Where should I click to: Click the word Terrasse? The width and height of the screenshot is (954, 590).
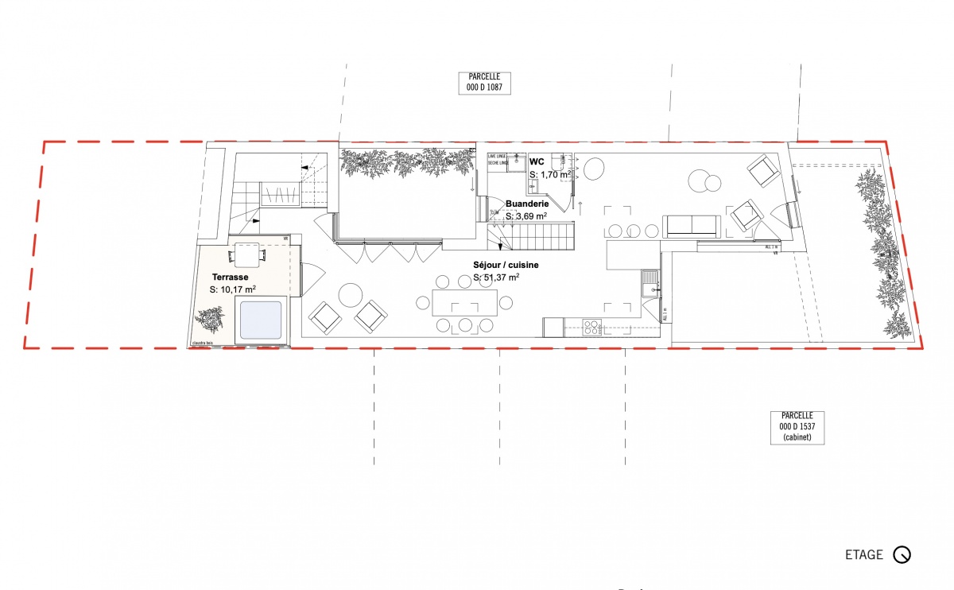click(x=230, y=278)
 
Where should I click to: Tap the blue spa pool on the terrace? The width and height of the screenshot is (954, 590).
click(x=258, y=320)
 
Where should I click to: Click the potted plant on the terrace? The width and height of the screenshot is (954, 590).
click(x=210, y=320)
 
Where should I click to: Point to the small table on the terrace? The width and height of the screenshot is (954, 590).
click(x=247, y=255)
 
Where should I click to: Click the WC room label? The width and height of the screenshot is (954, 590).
click(x=536, y=161)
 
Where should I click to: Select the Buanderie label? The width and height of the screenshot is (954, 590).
click(x=525, y=204)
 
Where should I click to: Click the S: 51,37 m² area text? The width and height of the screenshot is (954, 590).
click(x=497, y=277)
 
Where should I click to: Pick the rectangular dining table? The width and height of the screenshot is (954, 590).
click(x=465, y=302)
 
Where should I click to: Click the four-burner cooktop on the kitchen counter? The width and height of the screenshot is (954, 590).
click(x=593, y=327)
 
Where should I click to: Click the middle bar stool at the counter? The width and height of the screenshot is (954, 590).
click(x=634, y=231)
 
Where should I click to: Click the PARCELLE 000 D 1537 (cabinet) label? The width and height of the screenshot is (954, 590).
click(x=797, y=426)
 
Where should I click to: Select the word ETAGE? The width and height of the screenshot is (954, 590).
click(x=864, y=555)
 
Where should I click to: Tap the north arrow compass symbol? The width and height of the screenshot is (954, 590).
click(x=902, y=555)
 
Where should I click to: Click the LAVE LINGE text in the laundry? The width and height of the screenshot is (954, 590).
click(x=498, y=156)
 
